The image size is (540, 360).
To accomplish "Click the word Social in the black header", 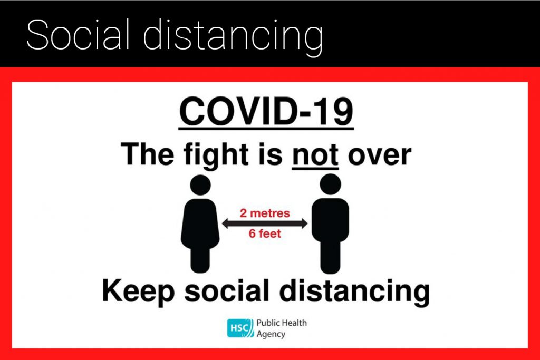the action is pyautogui.click(x=78, y=35).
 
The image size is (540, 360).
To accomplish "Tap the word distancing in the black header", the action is pyautogui.click(x=233, y=37).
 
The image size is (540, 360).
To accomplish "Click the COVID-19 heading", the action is pyautogui.click(x=266, y=112).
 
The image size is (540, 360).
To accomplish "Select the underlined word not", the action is pyautogui.click(x=315, y=155).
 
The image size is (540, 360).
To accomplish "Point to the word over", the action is pyautogui.click(x=380, y=156).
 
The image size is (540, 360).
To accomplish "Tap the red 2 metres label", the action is pyautogui.click(x=265, y=213).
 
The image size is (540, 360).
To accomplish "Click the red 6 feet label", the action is pyautogui.click(x=265, y=233).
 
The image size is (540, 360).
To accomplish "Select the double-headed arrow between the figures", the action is pyautogui.click(x=265, y=223).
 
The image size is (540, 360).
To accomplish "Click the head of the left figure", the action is pyautogui.click(x=200, y=185).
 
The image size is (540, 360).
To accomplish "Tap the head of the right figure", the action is pyautogui.click(x=330, y=184).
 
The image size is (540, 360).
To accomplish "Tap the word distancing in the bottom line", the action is pyautogui.click(x=355, y=292).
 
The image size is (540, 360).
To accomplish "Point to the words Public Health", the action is pyautogui.click(x=282, y=323).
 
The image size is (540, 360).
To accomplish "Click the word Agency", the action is pyautogui.click(x=271, y=334).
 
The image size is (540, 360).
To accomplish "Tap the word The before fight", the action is pyautogui.click(x=148, y=154).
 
